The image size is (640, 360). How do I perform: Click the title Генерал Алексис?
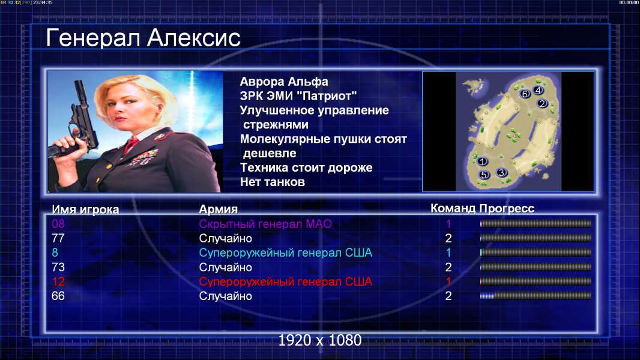pos(143,38)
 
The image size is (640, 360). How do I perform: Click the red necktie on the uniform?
pos(131,144)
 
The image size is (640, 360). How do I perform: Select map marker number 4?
pos(538,90)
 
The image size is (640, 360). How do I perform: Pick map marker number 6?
pos(525,94)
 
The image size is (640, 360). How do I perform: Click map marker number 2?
pos(542,103)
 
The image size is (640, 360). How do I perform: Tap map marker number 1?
pos(482,161)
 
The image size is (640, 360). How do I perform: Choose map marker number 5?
pos(484,175)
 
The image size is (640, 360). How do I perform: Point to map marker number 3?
pos(501,172)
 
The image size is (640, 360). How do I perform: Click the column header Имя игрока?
pos(85,209)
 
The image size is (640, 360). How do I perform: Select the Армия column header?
pos(219,209)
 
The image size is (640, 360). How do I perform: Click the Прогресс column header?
pos(507,208)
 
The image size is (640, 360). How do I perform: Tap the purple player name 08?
pos(58,223)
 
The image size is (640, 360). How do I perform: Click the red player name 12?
pos(58,281)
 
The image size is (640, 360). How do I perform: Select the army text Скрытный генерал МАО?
pos(265,224)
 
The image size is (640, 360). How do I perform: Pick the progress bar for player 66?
pos(536,296)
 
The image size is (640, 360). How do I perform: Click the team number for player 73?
pos(448,267)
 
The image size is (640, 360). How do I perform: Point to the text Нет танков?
pos(272,182)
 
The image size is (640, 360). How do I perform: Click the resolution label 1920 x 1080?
pos(320,340)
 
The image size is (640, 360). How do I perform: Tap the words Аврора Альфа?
pos(284,82)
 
